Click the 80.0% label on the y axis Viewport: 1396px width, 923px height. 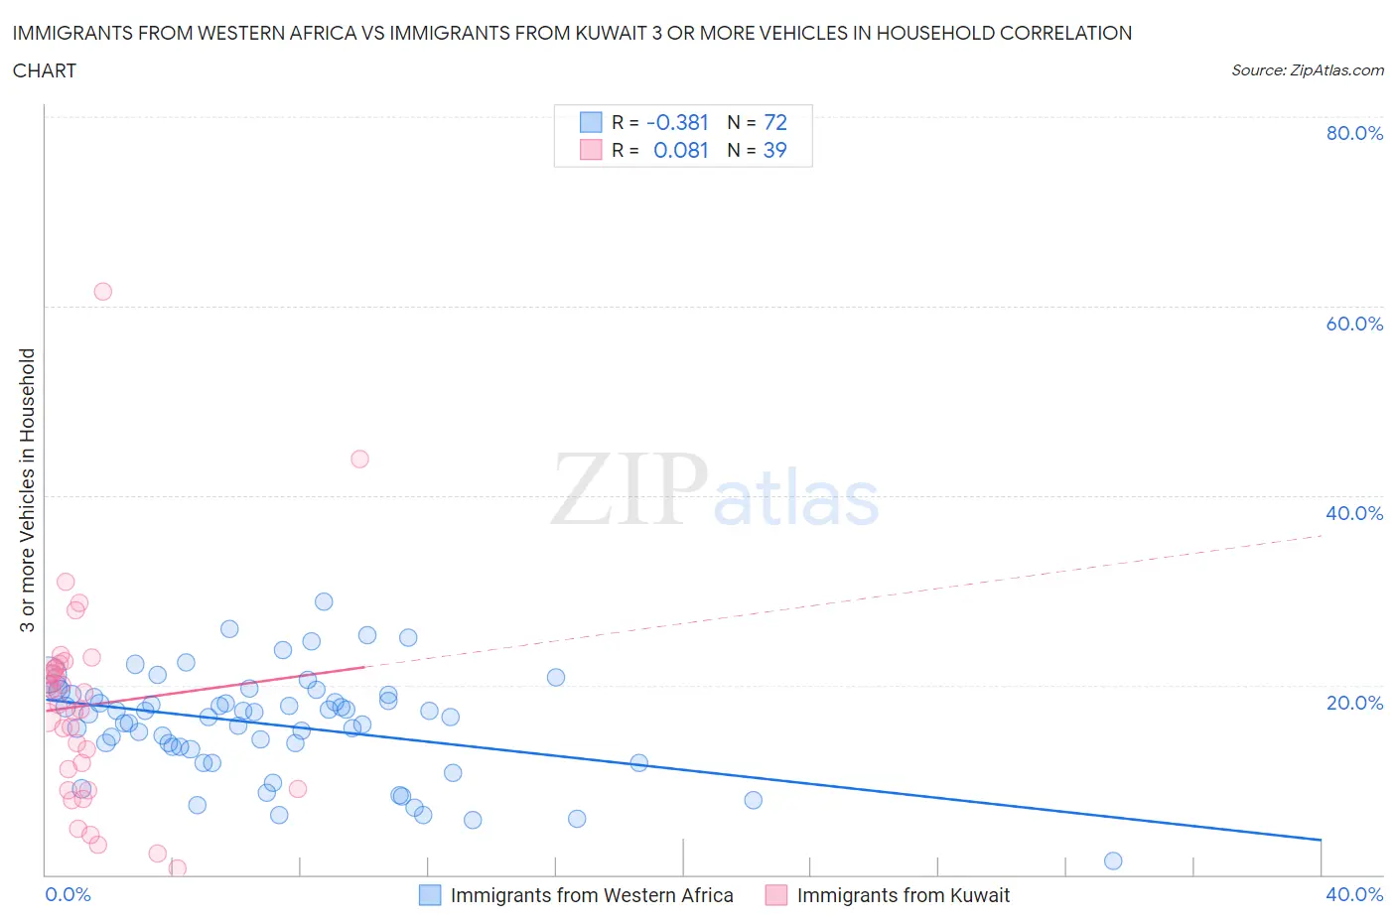(1354, 133)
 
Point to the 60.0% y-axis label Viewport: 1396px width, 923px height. (1354, 324)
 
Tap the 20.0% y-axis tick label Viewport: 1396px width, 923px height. (1354, 703)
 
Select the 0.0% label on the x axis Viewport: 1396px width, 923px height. (68, 894)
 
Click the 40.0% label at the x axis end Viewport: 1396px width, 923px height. (1354, 894)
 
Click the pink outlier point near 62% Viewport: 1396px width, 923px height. (102, 292)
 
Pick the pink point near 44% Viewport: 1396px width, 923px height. (359, 459)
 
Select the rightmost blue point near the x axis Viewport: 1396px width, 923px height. (1113, 860)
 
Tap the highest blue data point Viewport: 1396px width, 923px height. (324, 601)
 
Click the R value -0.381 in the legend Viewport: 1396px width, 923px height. (677, 122)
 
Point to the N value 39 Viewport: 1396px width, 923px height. (774, 150)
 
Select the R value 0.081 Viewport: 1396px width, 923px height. (681, 150)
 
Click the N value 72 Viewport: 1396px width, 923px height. (775, 122)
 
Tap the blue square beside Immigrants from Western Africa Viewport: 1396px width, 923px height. (430, 895)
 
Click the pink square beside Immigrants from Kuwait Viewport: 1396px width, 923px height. (776, 895)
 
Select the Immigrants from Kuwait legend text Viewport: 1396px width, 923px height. (903, 895)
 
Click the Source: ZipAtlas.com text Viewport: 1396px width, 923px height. (1307, 70)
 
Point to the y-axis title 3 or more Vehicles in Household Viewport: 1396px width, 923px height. (28, 489)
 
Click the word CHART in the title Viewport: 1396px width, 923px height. (45, 70)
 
